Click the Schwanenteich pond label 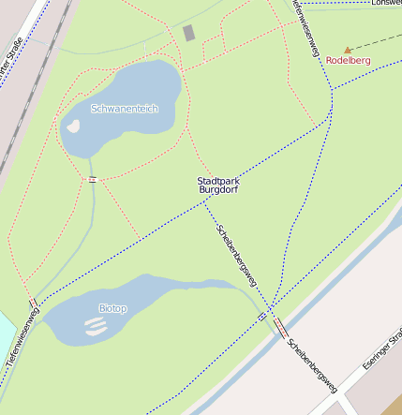125,109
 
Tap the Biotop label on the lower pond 112,308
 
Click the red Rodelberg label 348,61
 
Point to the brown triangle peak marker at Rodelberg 348,49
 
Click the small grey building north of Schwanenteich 188,34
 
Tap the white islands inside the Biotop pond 96,326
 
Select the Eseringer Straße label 381,348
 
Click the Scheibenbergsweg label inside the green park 236,256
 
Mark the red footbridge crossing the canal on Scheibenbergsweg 280,327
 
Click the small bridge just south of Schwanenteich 93,179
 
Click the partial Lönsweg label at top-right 385,3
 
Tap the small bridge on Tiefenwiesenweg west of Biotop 35,304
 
